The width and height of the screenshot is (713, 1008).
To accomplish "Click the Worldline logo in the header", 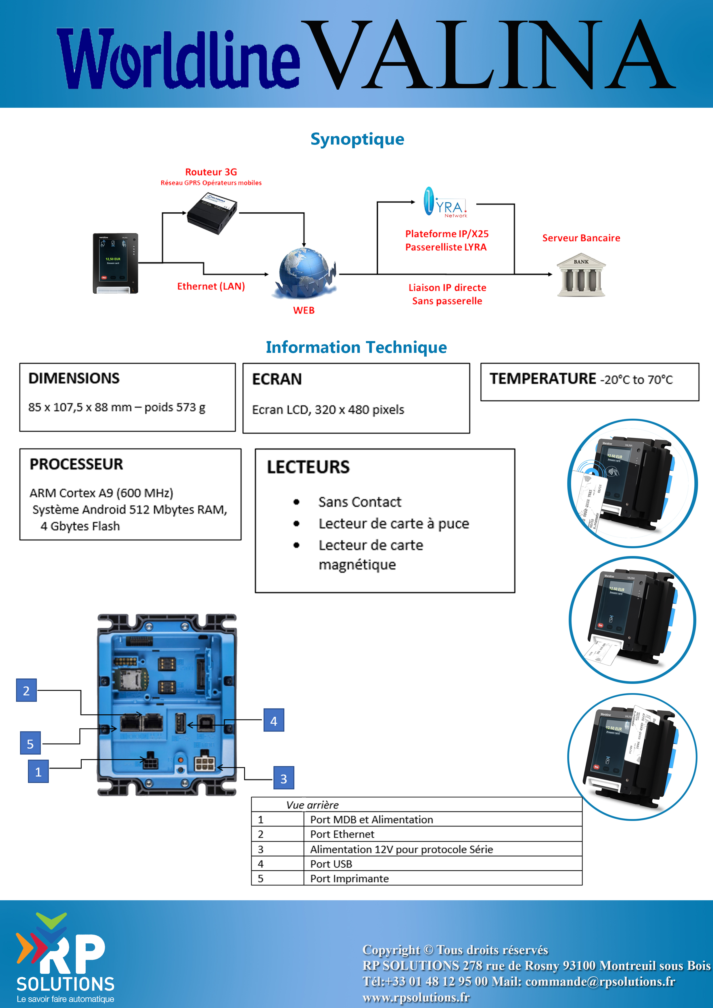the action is [x=178, y=59].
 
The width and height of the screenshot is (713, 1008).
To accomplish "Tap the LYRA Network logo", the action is [x=445, y=202].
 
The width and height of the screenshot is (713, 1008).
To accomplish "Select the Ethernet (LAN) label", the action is [x=211, y=286].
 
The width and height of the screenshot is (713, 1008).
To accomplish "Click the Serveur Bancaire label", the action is [x=581, y=238].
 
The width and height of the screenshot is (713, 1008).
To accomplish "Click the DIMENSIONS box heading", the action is [x=74, y=378].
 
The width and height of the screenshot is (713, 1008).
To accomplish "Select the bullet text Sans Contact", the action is [x=360, y=502].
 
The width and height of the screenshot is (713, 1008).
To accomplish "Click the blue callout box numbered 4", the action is [x=274, y=720].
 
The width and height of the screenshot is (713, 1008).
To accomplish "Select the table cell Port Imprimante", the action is [x=349, y=878].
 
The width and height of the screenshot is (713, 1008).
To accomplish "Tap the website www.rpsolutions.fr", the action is [x=416, y=997].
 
